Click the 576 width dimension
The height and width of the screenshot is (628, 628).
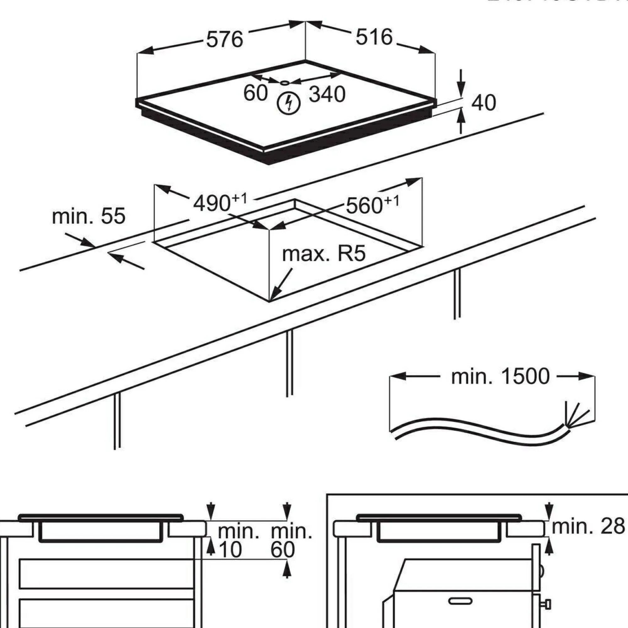coord(225,39)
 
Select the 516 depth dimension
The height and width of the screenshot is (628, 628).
coord(374,37)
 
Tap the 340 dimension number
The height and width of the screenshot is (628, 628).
coord(327,94)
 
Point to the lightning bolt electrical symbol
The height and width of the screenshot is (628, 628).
coord(288,104)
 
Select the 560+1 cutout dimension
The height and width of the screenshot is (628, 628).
coord(372,205)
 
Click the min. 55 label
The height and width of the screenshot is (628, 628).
coord(89,216)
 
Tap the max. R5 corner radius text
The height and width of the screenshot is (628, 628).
coord(324,254)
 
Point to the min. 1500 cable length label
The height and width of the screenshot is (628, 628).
coord(500,376)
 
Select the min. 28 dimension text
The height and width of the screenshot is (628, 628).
coord(588,526)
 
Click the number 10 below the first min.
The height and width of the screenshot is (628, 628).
coord(230,549)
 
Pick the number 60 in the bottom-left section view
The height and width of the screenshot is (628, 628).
coord(283,549)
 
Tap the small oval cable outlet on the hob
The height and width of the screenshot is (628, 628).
coord(284,83)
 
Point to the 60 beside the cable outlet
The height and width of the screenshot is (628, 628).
coord(255,93)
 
